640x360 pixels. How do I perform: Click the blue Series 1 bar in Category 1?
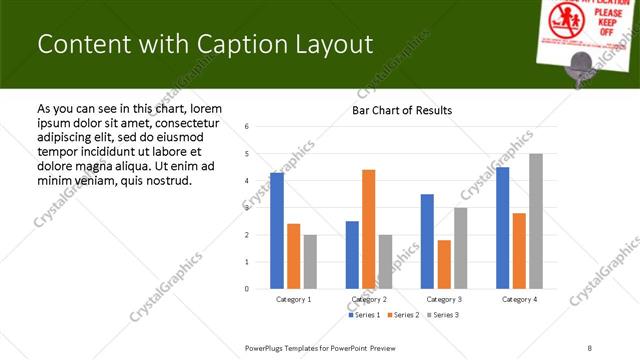pos(277,231)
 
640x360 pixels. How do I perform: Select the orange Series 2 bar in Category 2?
pos(368,229)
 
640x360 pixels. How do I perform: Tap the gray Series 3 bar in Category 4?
pos(536,221)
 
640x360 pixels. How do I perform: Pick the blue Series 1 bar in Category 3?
pos(427,241)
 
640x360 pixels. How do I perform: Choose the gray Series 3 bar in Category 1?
pos(310,261)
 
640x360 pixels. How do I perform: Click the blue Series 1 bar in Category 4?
pos(502,228)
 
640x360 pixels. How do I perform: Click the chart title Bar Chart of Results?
pos(402,110)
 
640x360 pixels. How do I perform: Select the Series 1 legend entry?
pos(364,315)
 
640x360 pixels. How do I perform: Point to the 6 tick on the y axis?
pos(247,127)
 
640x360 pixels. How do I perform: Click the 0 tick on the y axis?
pos(247,289)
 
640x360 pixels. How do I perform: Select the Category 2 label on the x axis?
pos(368,299)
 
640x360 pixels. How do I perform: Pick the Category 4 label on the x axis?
pos(519,299)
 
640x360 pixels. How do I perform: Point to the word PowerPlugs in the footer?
pos(265,347)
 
